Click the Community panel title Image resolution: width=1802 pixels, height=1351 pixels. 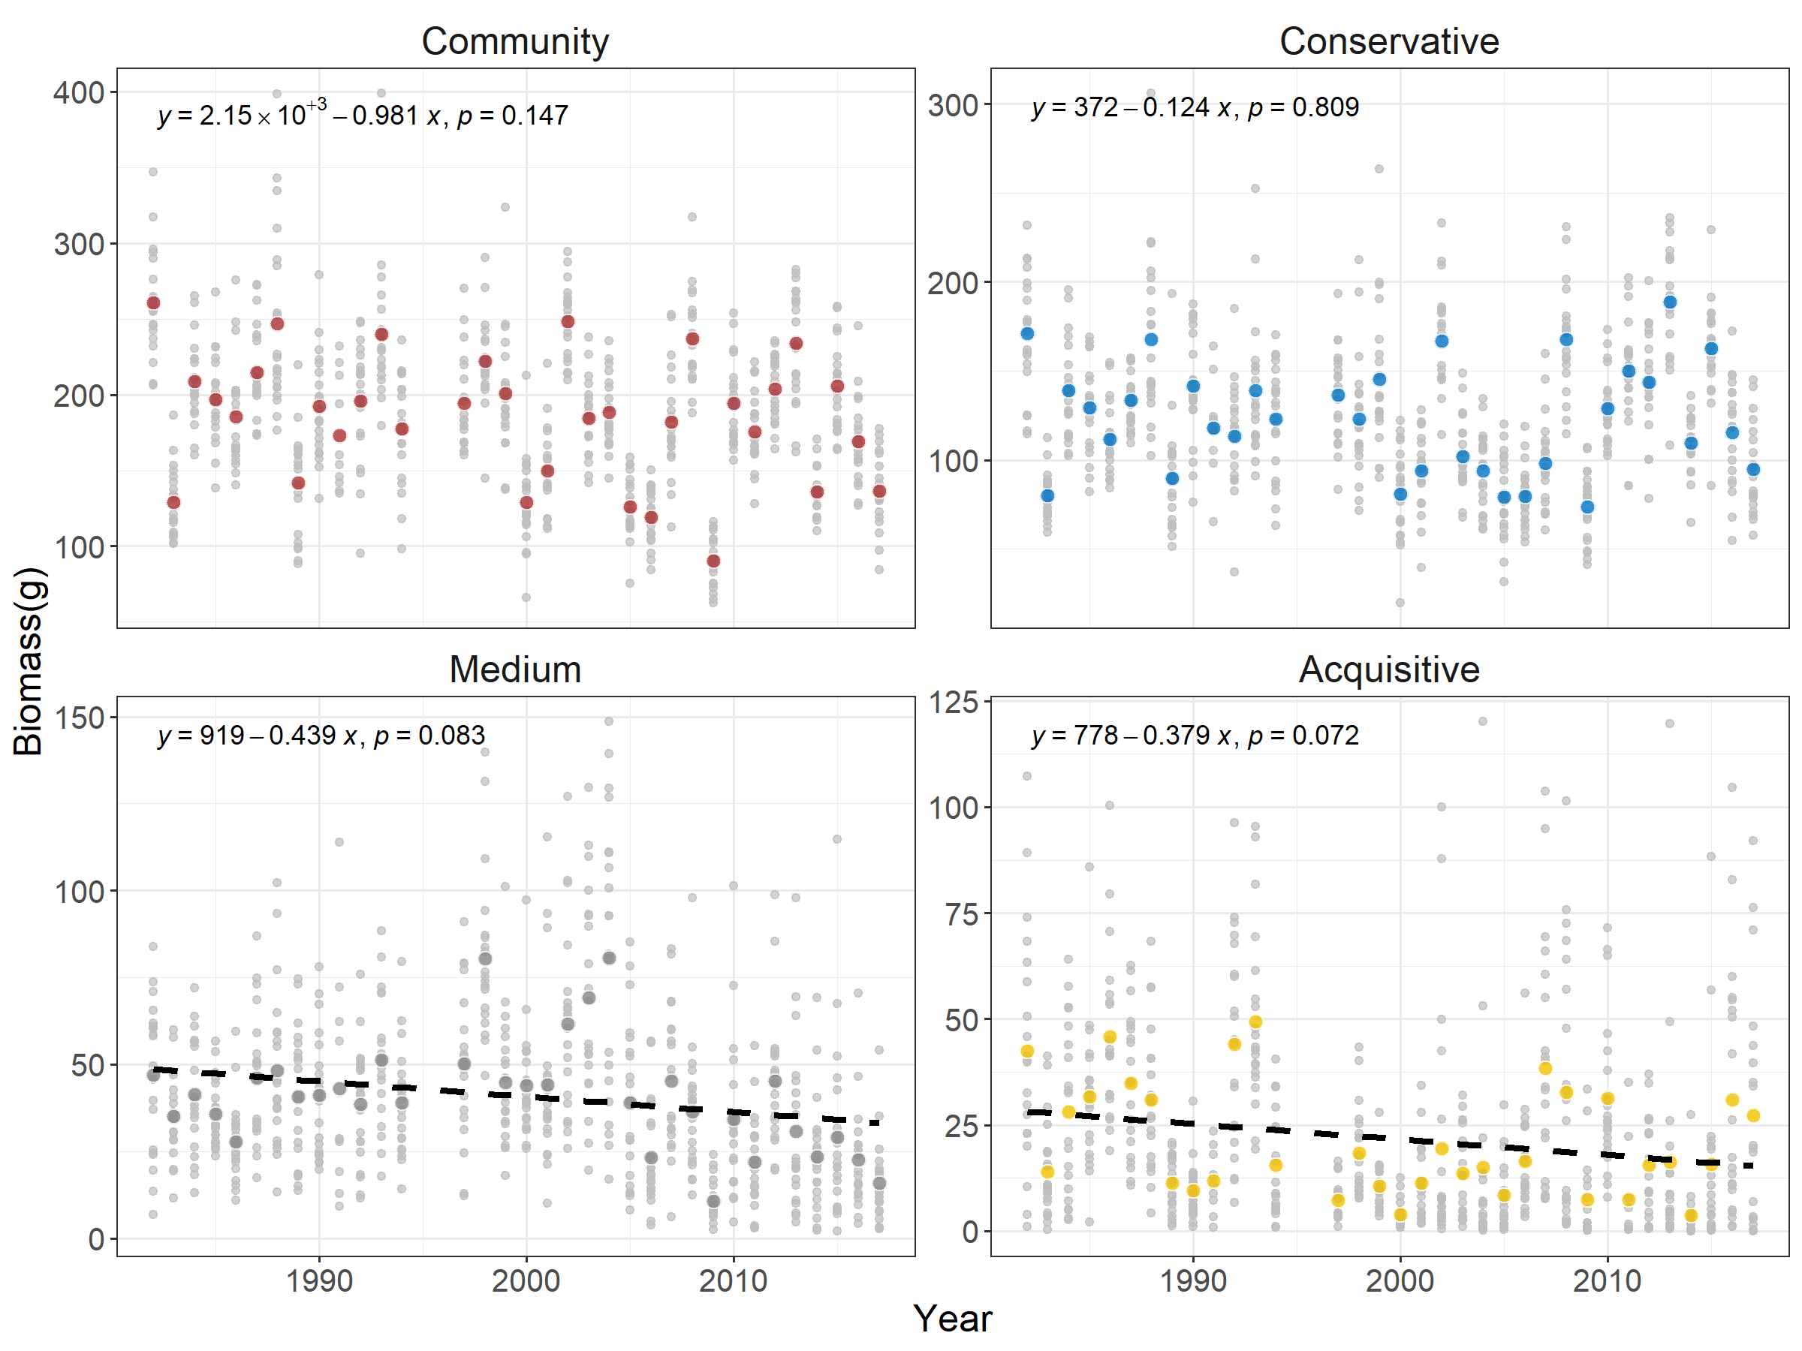515,41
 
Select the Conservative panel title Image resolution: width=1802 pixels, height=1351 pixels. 1388,41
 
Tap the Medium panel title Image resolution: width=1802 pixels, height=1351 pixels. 515,669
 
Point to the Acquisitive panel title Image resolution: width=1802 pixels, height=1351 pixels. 1388,669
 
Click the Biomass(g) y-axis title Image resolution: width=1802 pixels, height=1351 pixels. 29,661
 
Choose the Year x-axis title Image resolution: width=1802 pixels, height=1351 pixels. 952,1318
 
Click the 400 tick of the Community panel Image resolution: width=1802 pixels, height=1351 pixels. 79,93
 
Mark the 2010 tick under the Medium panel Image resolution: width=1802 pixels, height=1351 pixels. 733,1281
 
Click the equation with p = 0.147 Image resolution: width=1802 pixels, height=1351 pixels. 363,115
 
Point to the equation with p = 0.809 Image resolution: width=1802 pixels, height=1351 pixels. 1195,107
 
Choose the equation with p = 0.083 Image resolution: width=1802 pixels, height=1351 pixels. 321,736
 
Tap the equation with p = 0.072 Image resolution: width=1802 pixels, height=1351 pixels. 1195,736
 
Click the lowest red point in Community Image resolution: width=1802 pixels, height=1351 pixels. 713,561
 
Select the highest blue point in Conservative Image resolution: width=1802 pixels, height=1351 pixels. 1669,302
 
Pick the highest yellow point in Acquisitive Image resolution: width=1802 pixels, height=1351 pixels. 1255,1022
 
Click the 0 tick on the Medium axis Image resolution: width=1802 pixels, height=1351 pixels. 96,1238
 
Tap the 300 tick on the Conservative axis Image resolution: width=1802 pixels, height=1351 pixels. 953,105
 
